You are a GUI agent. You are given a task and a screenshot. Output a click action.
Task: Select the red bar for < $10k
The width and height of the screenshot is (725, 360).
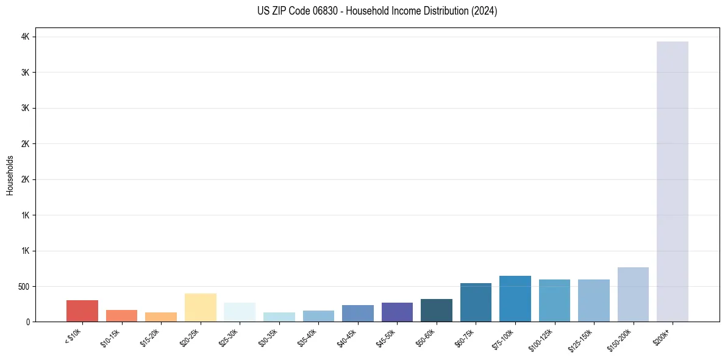pos(82,311)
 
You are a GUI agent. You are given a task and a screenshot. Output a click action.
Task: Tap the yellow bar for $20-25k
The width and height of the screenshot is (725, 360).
pos(200,308)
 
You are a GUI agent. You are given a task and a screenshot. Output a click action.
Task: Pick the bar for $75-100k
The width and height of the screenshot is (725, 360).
pos(515,298)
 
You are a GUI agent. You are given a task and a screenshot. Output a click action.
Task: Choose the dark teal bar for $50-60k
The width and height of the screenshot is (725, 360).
pos(436,310)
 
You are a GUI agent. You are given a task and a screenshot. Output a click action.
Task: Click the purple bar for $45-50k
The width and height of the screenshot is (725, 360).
pos(397,312)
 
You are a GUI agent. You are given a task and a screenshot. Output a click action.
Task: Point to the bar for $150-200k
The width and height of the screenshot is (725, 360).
pos(633,294)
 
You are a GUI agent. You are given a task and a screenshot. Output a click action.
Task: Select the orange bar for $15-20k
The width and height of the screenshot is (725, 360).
pos(161,317)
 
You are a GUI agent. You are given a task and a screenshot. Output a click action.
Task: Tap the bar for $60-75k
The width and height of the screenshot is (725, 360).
pos(476,302)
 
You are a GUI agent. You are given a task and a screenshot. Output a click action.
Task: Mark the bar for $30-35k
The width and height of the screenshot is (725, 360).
pos(279,317)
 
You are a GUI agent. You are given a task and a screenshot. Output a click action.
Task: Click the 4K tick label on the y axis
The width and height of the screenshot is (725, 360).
pos(25,37)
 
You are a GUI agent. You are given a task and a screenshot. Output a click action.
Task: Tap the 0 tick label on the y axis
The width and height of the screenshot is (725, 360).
pos(27,322)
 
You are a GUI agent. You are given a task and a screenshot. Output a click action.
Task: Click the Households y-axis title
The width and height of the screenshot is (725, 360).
pos(10,175)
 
